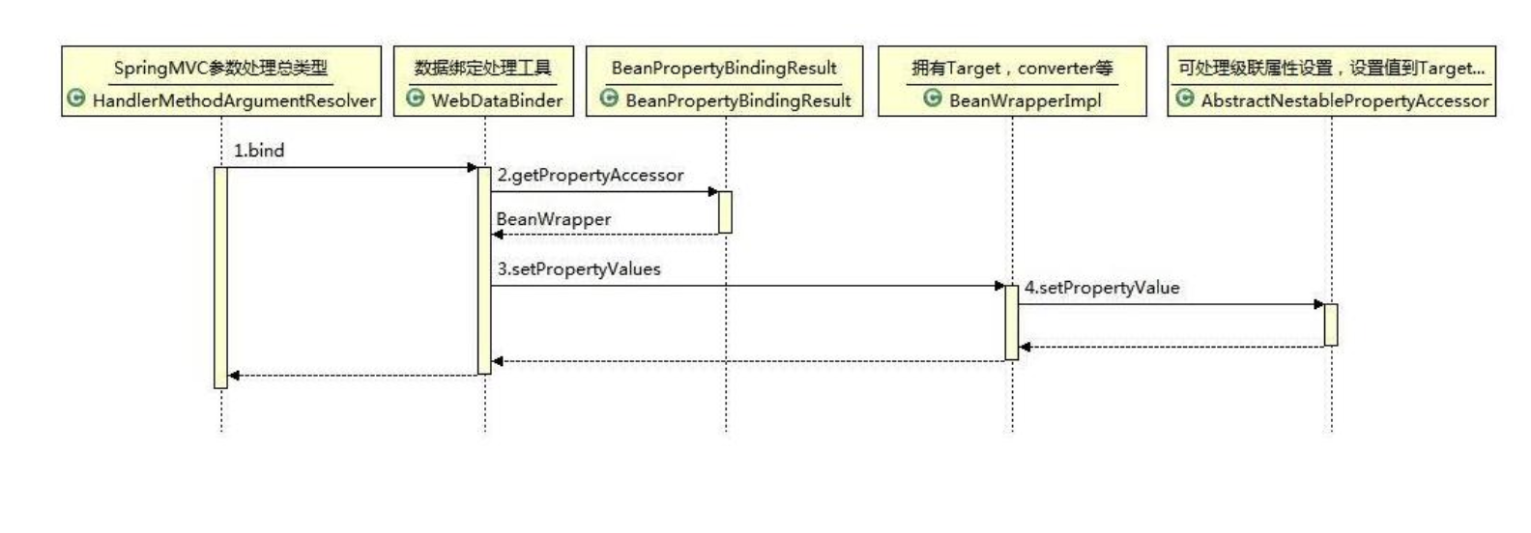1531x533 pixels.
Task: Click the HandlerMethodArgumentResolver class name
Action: point(234,100)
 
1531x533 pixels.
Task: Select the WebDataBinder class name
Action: point(497,100)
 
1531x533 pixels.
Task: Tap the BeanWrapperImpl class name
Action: point(1025,100)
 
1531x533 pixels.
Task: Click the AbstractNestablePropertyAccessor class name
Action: point(1344,100)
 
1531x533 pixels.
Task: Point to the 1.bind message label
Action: point(259,151)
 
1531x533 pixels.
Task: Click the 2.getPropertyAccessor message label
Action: point(590,175)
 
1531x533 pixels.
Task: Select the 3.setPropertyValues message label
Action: point(579,268)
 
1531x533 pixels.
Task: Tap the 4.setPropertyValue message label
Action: point(1102,288)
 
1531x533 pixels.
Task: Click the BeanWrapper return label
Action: point(553,219)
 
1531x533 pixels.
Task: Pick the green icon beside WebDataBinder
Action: point(416,98)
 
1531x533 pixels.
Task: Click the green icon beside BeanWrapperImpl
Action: point(933,98)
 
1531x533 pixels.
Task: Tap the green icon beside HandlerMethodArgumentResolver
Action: point(76,98)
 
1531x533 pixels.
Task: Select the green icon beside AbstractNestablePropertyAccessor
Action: point(1185,98)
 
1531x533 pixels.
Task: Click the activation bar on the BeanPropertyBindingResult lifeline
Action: point(725,211)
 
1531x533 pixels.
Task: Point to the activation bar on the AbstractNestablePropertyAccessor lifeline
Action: point(1331,324)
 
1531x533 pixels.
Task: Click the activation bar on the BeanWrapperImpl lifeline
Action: point(1012,323)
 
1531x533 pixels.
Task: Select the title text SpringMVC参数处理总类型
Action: point(220,68)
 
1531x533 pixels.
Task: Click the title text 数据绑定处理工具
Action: point(483,68)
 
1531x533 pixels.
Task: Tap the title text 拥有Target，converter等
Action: point(1012,68)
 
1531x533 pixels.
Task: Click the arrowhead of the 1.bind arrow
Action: point(473,168)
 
